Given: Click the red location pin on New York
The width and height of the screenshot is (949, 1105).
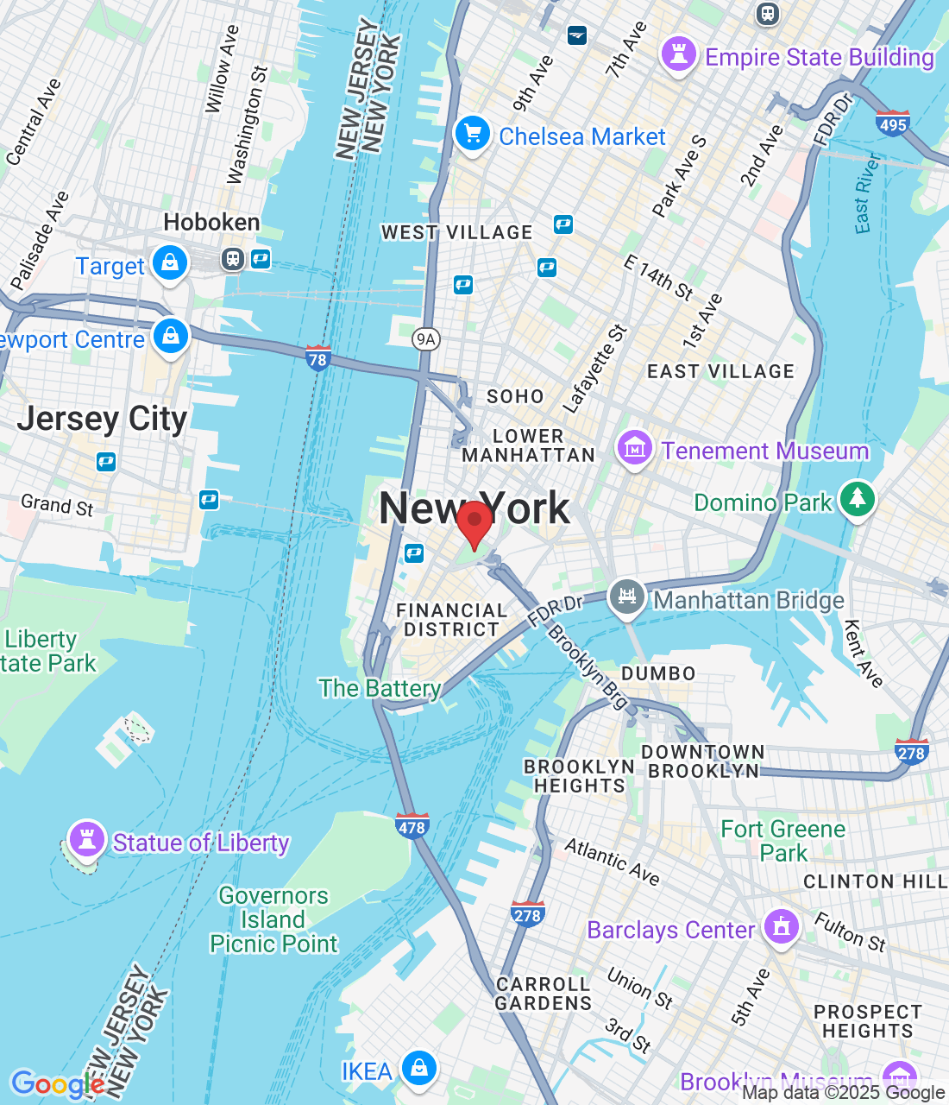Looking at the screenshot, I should [x=474, y=521].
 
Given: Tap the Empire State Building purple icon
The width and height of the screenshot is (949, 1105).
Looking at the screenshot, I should [x=679, y=54].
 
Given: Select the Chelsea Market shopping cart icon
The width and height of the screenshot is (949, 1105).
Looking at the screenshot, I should [x=472, y=135].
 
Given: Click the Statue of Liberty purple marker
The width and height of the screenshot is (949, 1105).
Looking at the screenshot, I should [x=86, y=838].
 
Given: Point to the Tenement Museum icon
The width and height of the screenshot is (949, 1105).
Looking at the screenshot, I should [x=634, y=449].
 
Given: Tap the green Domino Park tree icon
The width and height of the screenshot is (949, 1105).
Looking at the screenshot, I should [x=857, y=499].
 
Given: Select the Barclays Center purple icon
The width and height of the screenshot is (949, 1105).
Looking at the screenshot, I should [x=782, y=928].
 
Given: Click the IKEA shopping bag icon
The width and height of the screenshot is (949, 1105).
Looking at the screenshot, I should [x=419, y=1069].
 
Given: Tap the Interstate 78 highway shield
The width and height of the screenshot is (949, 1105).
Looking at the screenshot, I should [x=318, y=358].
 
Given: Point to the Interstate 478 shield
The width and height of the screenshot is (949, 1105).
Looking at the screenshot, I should [x=412, y=826].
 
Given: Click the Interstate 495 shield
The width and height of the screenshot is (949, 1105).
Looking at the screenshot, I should [x=892, y=123].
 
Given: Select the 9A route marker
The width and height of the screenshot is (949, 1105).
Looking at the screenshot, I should [x=426, y=339].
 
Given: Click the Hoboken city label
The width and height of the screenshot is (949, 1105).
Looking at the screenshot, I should [x=211, y=223].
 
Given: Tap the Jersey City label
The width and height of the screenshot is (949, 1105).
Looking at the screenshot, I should [x=102, y=420].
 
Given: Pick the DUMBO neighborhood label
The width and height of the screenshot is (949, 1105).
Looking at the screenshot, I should [x=658, y=673].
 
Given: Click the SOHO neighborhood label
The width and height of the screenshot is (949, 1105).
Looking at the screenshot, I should [x=515, y=396].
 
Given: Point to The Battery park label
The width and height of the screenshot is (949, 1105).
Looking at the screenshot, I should [x=380, y=688].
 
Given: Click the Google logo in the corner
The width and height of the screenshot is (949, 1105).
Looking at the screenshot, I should [x=57, y=1083].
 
